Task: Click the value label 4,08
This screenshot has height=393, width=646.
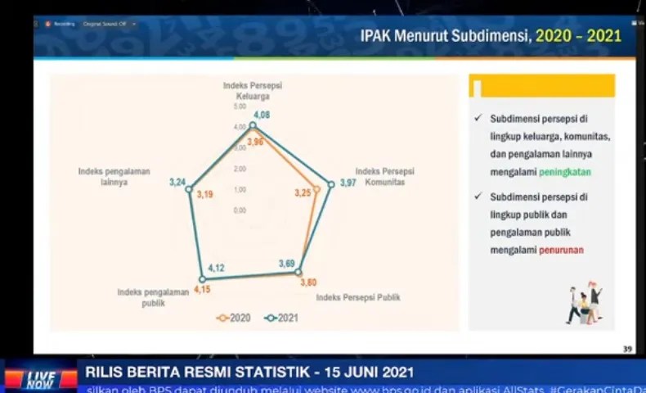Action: pyautogui.click(x=262, y=115)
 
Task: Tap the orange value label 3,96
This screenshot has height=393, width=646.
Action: pyautogui.click(x=255, y=142)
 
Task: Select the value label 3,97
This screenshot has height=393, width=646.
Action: pyautogui.click(x=348, y=183)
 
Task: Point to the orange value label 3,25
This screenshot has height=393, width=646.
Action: pyautogui.click(x=303, y=193)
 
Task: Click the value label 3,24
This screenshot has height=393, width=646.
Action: pyautogui.click(x=177, y=182)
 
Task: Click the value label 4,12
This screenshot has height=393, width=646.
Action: pyautogui.click(x=217, y=268)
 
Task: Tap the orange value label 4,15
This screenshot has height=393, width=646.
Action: pyautogui.click(x=202, y=288)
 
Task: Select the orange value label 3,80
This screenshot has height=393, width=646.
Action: pyautogui.click(x=308, y=282)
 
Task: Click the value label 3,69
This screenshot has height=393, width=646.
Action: pyautogui.click(x=286, y=263)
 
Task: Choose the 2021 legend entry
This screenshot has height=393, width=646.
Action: pyautogui.click(x=281, y=318)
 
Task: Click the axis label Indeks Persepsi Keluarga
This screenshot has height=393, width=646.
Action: pyautogui.click(x=253, y=89)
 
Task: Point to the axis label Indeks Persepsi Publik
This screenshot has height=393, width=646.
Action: pyautogui.click(x=358, y=297)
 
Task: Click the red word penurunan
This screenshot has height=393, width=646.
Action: pyautogui.click(x=561, y=250)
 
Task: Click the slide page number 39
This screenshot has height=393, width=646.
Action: pyautogui.click(x=627, y=350)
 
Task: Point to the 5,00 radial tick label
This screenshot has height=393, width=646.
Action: pyautogui.click(x=239, y=106)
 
